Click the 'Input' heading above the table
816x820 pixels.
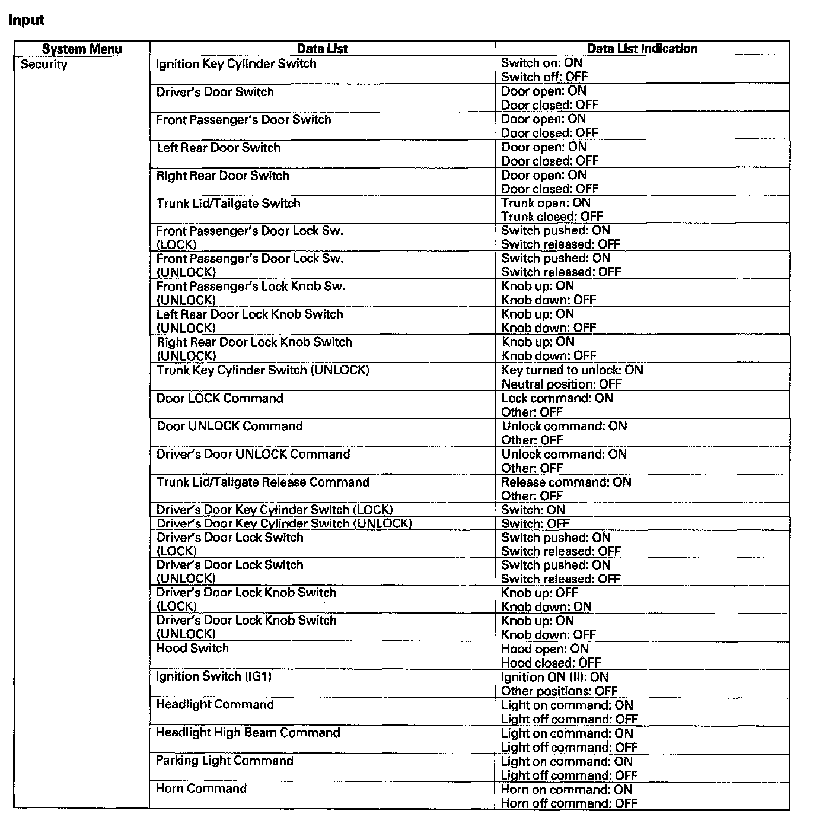click(27, 20)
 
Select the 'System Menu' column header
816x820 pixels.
click(82, 49)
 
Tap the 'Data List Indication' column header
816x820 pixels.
click(642, 49)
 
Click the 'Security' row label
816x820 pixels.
click(44, 64)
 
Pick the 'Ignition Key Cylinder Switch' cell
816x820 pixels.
click(236, 63)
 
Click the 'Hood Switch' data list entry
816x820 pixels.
click(192, 648)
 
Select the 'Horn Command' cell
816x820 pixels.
click(201, 788)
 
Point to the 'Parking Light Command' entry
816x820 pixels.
click(224, 761)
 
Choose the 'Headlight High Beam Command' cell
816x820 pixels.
click(248, 732)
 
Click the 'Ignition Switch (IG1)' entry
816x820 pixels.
click(213, 676)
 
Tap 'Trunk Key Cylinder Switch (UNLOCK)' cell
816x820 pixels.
click(263, 370)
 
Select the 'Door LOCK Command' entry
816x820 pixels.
click(219, 398)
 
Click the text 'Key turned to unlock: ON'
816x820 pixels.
click(572, 370)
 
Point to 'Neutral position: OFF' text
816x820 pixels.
click(561, 384)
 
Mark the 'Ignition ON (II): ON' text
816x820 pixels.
click(554, 677)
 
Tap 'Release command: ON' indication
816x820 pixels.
click(566, 482)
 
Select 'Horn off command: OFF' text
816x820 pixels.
click(569, 803)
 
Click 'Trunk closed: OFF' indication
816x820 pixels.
click(552, 217)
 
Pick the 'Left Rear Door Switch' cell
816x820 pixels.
click(218, 147)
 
